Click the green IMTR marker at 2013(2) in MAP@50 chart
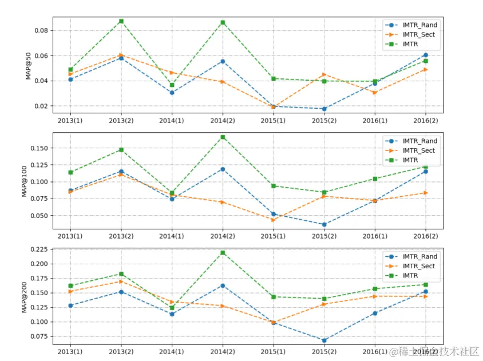[121, 21]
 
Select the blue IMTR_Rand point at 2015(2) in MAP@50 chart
[324, 109]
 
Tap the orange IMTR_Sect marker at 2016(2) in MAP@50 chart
[425, 69]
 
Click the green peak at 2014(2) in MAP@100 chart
[223, 137]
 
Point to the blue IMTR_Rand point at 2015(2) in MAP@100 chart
[324, 224]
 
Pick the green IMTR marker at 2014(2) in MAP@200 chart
[223, 253]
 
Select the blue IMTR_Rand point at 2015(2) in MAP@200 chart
[324, 340]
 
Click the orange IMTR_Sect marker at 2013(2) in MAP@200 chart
[121, 281]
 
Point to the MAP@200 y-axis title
[25, 296]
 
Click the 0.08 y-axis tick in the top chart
[41, 30]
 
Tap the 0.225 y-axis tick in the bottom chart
[38, 249]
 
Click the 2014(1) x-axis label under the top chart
[172, 121]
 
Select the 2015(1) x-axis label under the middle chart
[273, 236]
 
